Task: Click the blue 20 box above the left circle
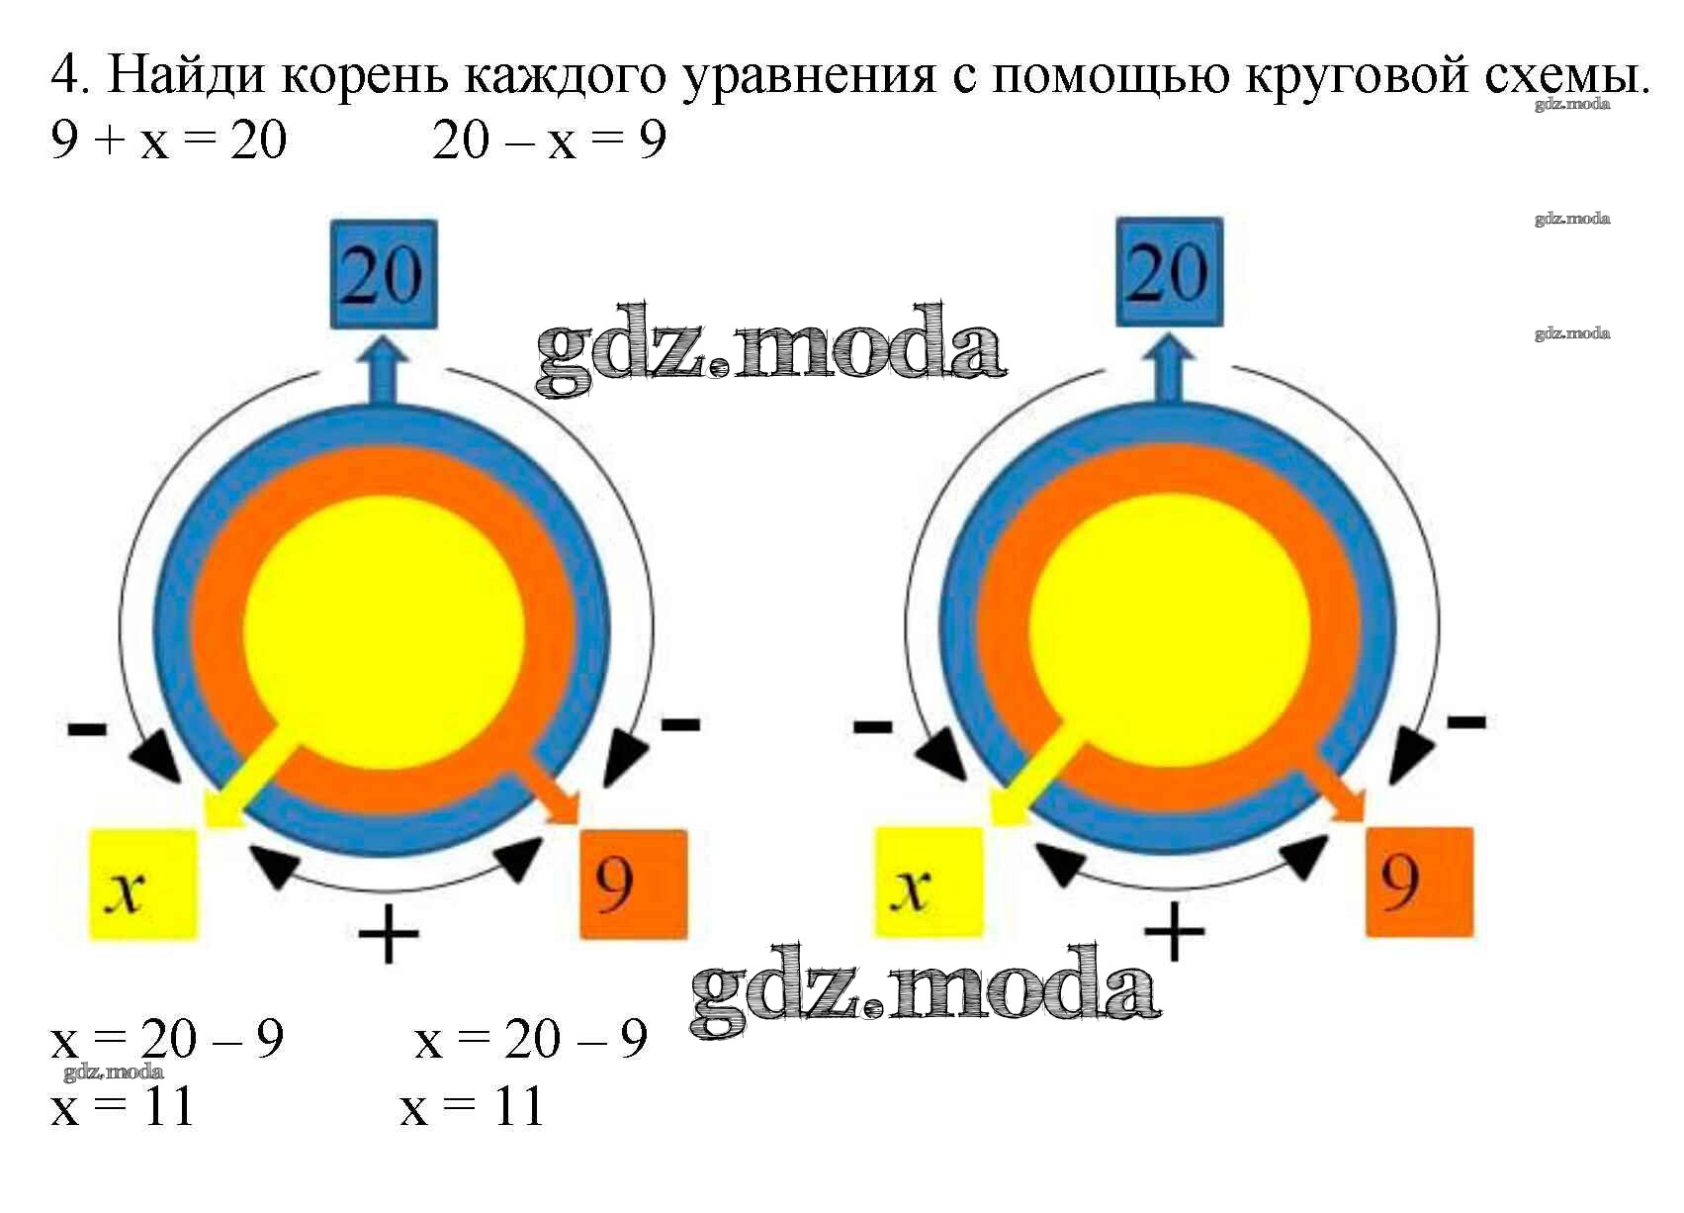coord(383,274)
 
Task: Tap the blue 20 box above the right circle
coord(1169,272)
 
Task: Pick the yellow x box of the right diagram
coord(929,883)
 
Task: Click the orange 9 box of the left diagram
coord(633,884)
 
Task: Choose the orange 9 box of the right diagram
coord(1418,882)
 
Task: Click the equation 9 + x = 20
coord(169,140)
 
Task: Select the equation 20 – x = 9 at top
coord(549,140)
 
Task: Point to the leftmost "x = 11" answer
coord(123,1106)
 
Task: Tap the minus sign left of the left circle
coord(87,730)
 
